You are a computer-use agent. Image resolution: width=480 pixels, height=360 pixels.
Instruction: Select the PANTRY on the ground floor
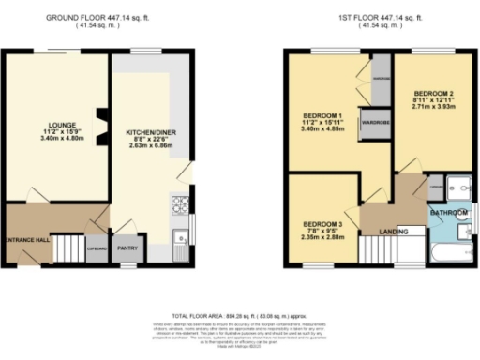tap(126, 249)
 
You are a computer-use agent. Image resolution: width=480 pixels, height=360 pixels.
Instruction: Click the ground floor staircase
tap(67, 247)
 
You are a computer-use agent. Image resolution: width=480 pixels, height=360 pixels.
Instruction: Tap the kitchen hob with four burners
tap(180, 202)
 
